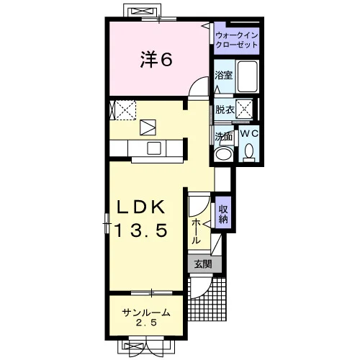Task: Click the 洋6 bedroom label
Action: (x=156, y=60)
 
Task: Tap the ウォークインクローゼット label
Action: (x=237, y=40)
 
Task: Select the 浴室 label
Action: (x=224, y=75)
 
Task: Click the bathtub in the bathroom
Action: (x=247, y=76)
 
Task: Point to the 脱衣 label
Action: (x=225, y=109)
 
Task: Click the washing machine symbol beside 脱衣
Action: (x=244, y=109)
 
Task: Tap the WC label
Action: (x=249, y=133)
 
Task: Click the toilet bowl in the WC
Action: (x=249, y=150)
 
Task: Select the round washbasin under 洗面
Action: (x=224, y=153)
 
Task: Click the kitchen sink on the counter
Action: (x=154, y=148)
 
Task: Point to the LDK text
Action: (x=141, y=207)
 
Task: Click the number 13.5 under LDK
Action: (x=141, y=230)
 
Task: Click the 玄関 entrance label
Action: (x=203, y=264)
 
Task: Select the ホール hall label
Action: (x=197, y=231)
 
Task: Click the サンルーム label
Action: (x=146, y=312)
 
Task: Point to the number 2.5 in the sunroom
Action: (x=146, y=323)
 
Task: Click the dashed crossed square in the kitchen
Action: (x=125, y=110)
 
